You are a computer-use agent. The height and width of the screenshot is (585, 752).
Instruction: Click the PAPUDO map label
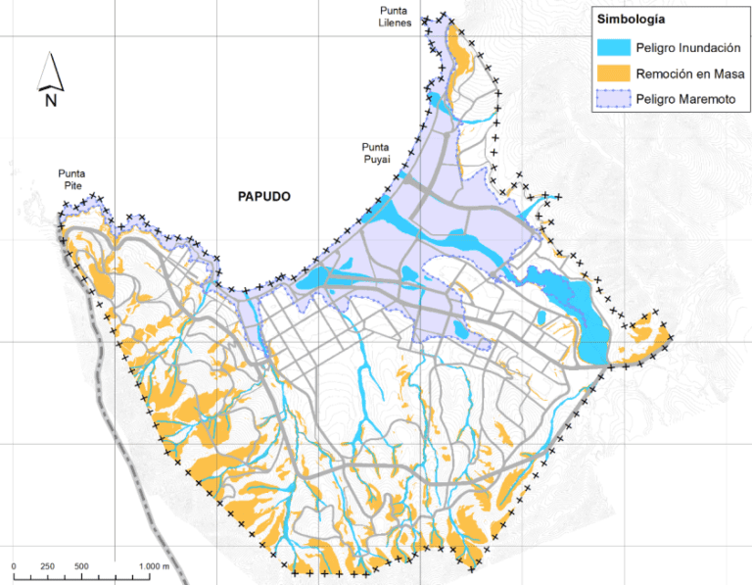pos(264,196)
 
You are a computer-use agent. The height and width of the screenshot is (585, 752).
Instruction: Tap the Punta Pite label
pos(75,179)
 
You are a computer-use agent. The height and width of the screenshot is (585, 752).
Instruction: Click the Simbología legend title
pos(631,20)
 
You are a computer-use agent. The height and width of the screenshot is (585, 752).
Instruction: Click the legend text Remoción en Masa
pos(688,73)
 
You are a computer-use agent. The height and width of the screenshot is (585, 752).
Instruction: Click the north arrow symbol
pos(50,71)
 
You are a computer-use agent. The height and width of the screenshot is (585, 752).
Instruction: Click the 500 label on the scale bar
pos(81,566)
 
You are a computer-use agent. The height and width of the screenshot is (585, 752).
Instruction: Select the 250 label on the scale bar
pos(47,566)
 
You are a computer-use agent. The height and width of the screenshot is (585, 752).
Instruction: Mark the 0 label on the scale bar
pos(14,566)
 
